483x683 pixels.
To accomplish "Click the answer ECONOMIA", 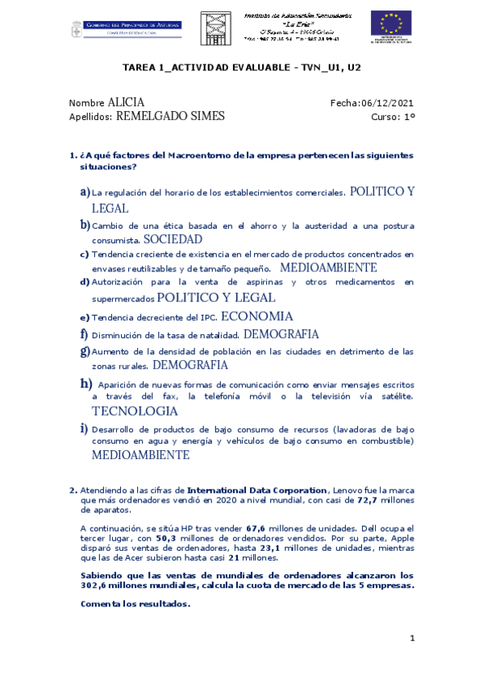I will click(x=256, y=317).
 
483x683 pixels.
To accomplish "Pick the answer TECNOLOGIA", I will click(x=135, y=411).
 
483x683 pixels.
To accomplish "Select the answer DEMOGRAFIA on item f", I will click(x=281, y=334).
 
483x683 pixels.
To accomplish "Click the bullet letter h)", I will click(x=85, y=383).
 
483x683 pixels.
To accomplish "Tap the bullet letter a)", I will click(x=85, y=192).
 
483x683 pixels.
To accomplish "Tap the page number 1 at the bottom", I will click(x=411, y=639).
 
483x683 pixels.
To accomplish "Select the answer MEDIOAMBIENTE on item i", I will click(x=140, y=455).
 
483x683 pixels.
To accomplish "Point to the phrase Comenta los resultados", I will click(x=135, y=603).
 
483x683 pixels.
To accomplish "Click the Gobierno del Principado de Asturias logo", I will click(x=122, y=27).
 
